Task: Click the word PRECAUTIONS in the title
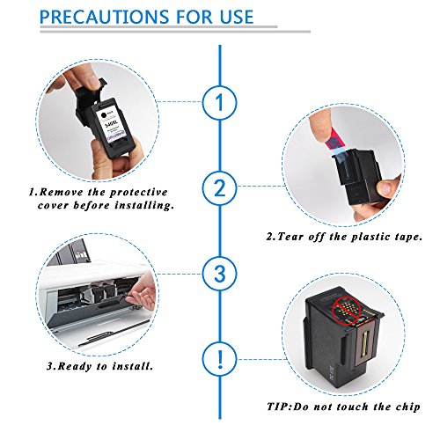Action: [104, 17]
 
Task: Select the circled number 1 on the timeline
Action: [219, 102]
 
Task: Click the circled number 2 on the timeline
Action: [219, 187]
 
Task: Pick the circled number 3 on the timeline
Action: [219, 274]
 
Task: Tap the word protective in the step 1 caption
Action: [139, 193]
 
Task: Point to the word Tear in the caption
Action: [290, 237]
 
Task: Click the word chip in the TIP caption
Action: [407, 407]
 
